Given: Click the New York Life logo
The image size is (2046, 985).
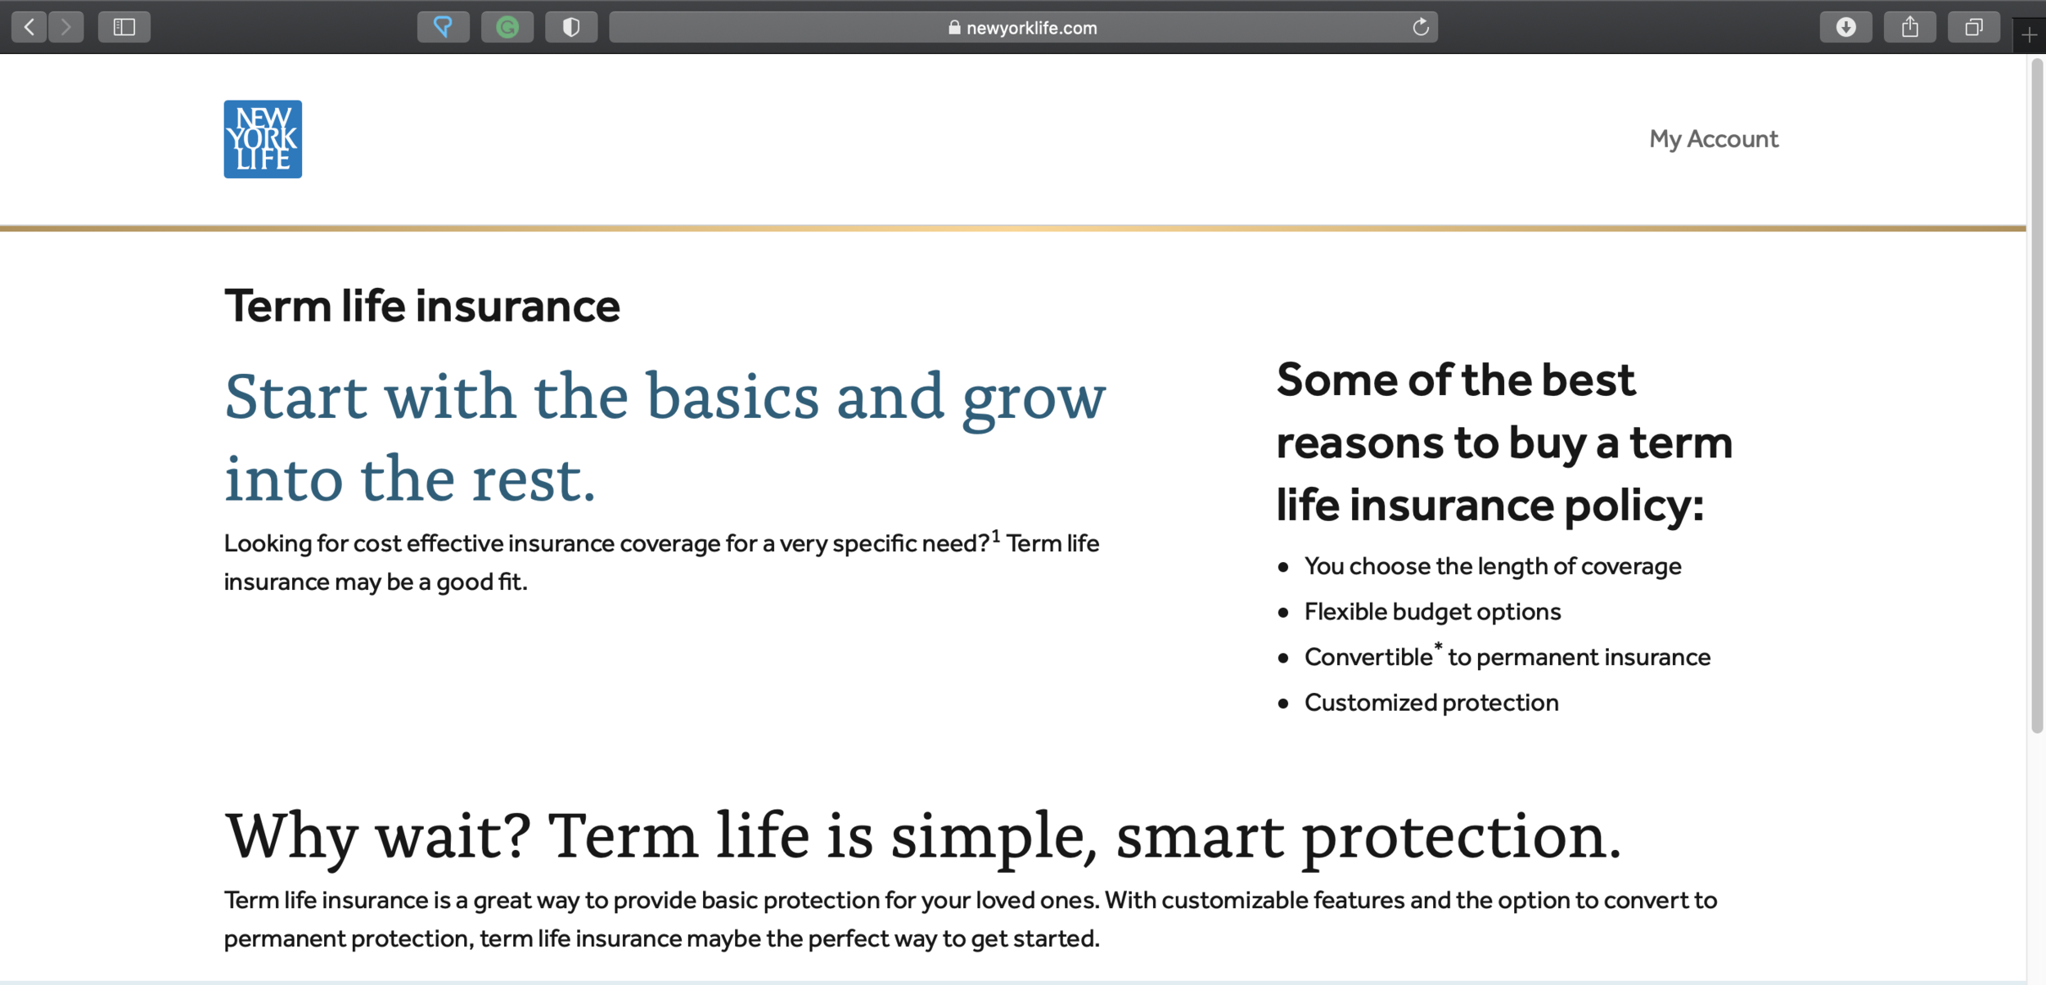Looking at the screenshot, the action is (263, 139).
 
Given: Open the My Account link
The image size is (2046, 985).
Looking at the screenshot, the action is (1714, 139).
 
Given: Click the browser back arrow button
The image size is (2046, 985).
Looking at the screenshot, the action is (29, 27).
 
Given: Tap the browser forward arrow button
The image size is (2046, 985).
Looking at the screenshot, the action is (66, 27).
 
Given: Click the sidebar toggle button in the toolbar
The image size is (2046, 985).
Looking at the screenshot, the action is (124, 27).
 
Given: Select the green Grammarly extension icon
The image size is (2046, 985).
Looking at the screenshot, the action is (507, 27).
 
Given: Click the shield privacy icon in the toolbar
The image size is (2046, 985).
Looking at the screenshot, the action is (571, 27).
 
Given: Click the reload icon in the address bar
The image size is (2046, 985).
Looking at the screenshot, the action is (1421, 27).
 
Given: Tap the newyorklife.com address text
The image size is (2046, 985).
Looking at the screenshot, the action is (1031, 28).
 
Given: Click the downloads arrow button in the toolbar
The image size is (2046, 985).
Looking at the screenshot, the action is (1845, 27).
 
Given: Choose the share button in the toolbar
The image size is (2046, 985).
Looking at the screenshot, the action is (1910, 27).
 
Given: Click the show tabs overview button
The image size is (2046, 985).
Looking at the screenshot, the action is (1974, 27).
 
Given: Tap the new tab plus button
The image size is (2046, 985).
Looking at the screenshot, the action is (2030, 35).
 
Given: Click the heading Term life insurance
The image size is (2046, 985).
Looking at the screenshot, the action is (422, 307).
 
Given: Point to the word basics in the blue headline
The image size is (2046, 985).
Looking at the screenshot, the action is (732, 396).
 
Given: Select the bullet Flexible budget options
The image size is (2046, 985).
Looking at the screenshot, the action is (1432, 612).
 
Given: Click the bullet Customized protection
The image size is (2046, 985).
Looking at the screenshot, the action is (1431, 703).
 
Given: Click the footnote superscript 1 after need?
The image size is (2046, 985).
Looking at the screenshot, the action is (996, 537).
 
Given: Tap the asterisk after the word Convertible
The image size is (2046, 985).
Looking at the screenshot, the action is (1438, 647).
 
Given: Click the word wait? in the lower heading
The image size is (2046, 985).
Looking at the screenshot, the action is (453, 836).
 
